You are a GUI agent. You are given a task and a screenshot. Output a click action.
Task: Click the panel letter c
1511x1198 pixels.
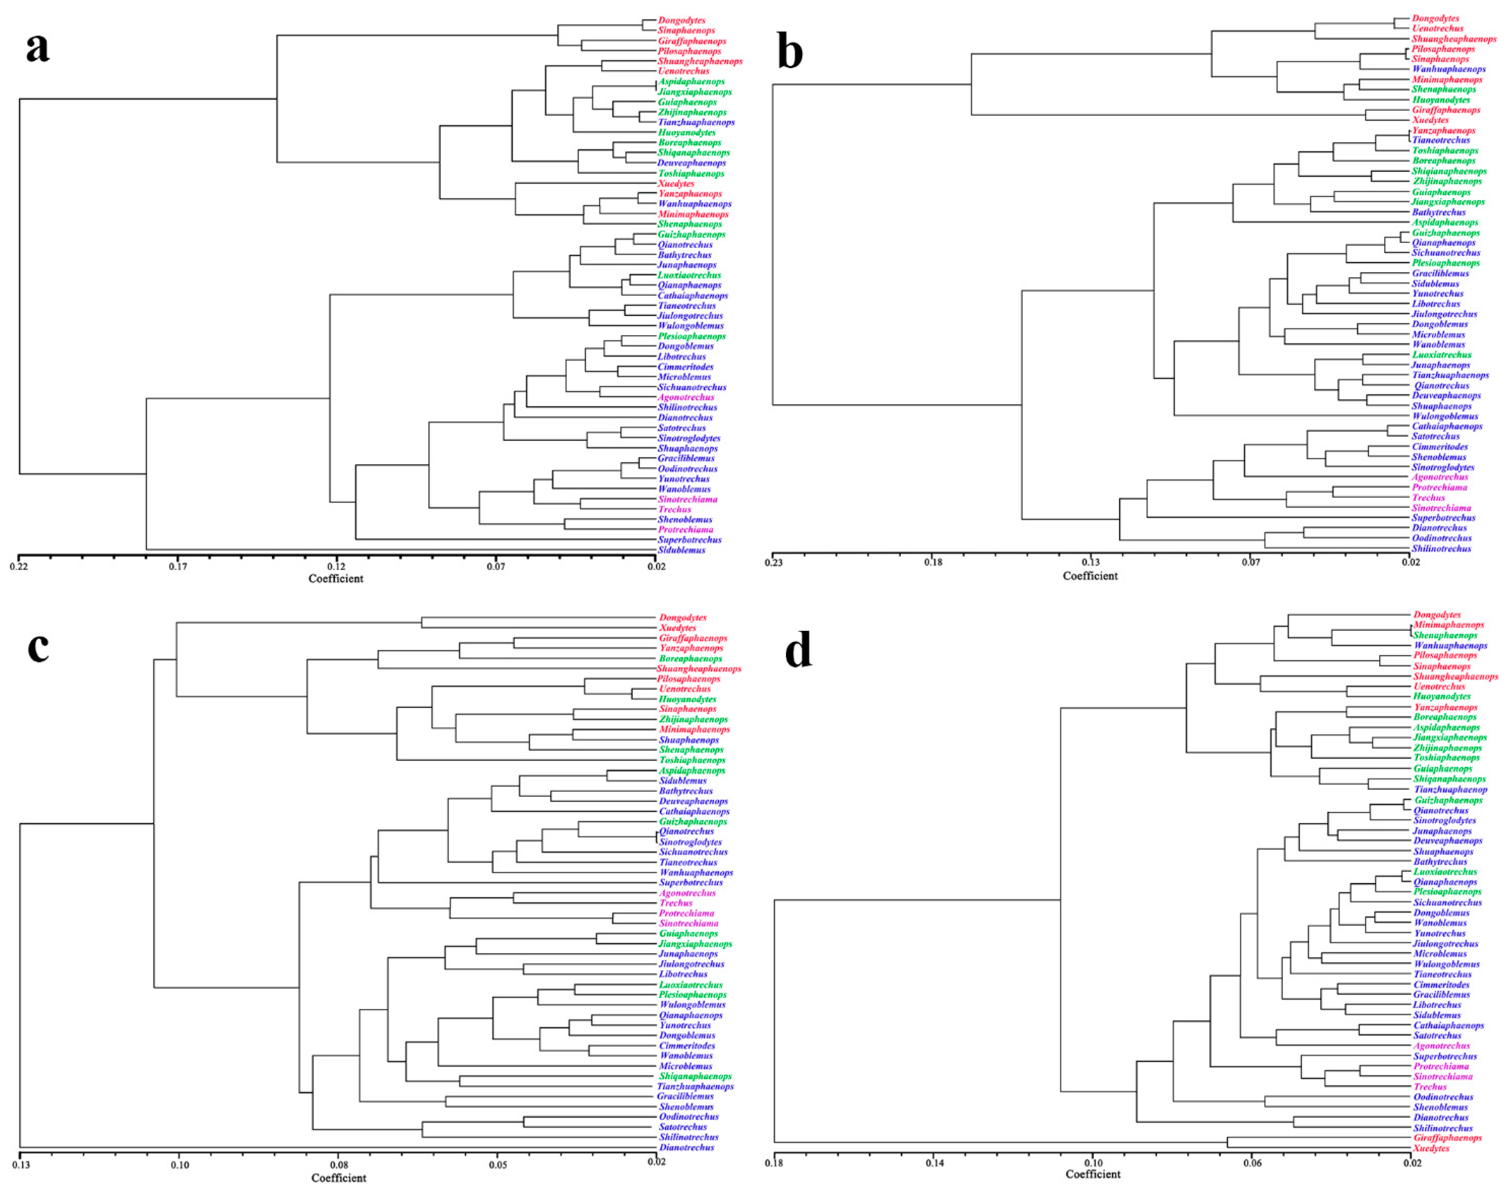pos(38,646)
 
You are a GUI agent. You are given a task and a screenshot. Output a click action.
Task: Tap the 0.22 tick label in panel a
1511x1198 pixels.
pos(19,566)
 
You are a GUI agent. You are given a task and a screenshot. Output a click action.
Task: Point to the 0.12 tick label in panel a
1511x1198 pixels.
pos(336,566)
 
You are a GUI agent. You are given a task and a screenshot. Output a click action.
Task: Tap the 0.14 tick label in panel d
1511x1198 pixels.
pos(934,1164)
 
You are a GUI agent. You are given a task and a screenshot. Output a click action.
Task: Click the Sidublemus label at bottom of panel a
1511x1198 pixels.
pos(681,550)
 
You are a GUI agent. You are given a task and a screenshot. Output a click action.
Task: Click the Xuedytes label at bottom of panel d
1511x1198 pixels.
pos(1431,1148)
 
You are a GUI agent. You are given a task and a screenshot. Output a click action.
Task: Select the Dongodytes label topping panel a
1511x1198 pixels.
pos(681,20)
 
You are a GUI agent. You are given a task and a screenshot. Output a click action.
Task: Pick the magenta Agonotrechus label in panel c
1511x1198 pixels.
pos(687,893)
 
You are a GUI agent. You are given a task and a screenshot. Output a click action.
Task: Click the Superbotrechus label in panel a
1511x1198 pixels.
pos(689,540)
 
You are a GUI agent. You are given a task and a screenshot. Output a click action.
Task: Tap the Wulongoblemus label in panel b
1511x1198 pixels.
pos(1445,416)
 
